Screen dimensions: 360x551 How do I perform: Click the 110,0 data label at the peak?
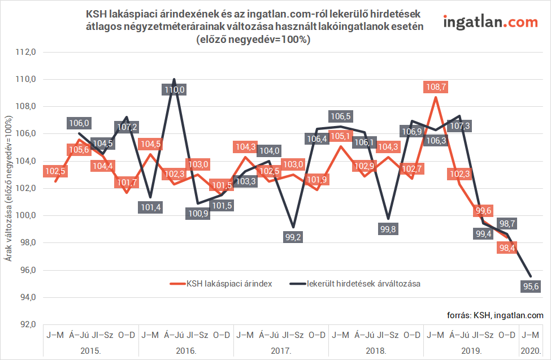[174, 89]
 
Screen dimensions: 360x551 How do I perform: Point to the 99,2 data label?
[292, 237]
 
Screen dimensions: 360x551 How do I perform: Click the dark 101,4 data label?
[150, 207]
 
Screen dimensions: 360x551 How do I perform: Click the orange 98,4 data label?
[506, 248]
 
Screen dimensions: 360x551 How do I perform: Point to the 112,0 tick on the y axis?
[27, 52]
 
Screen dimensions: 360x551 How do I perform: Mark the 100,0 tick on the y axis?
[27, 215]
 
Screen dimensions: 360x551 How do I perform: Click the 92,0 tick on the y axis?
[27, 324]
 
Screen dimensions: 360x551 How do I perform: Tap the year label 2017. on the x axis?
[280, 350]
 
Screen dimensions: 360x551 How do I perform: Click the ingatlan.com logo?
[491, 23]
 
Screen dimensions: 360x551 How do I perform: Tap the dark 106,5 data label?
[340, 116]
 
